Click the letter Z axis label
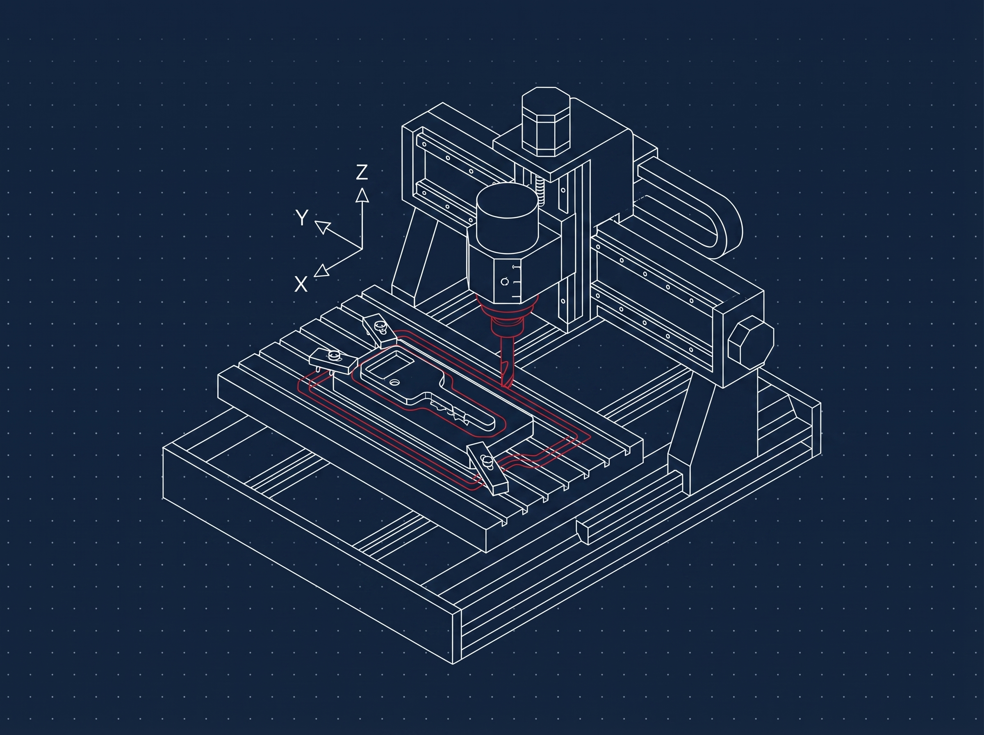point(362,172)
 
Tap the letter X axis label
point(301,283)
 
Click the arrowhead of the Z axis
point(362,195)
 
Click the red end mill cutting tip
point(507,383)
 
